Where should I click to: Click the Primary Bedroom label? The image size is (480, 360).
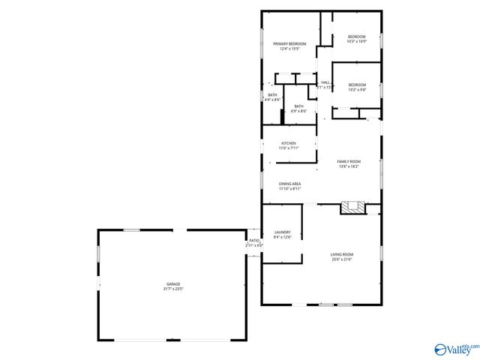pos(289,44)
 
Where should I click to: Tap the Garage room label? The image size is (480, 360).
pos(173,283)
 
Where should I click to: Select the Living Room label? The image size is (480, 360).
pos(342,254)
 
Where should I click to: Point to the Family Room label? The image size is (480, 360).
pos(349,162)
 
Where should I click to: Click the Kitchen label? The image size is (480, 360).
pos(289,143)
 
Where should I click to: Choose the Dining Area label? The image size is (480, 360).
pos(289,184)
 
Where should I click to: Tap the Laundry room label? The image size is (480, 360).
pos(282,232)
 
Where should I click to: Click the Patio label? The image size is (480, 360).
pos(254,241)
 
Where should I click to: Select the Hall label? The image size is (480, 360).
pos(325,82)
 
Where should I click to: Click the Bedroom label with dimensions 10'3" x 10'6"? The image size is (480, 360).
pos(356,37)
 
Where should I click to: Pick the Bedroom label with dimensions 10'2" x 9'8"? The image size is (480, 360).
pos(357,85)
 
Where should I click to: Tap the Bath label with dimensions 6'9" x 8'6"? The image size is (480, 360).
pos(299,106)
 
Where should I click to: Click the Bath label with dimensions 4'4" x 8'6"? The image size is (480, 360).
pos(272,95)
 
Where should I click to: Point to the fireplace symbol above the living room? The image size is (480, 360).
pos(352,208)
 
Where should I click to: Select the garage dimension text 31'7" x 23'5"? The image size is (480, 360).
pos(173,288)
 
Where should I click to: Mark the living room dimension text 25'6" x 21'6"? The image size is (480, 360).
pos(342,259)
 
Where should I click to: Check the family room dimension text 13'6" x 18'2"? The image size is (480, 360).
pos(349,166)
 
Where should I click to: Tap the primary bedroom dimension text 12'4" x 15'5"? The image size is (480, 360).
pos(289,49)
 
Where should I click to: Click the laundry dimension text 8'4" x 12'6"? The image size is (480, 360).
pos(282,237)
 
